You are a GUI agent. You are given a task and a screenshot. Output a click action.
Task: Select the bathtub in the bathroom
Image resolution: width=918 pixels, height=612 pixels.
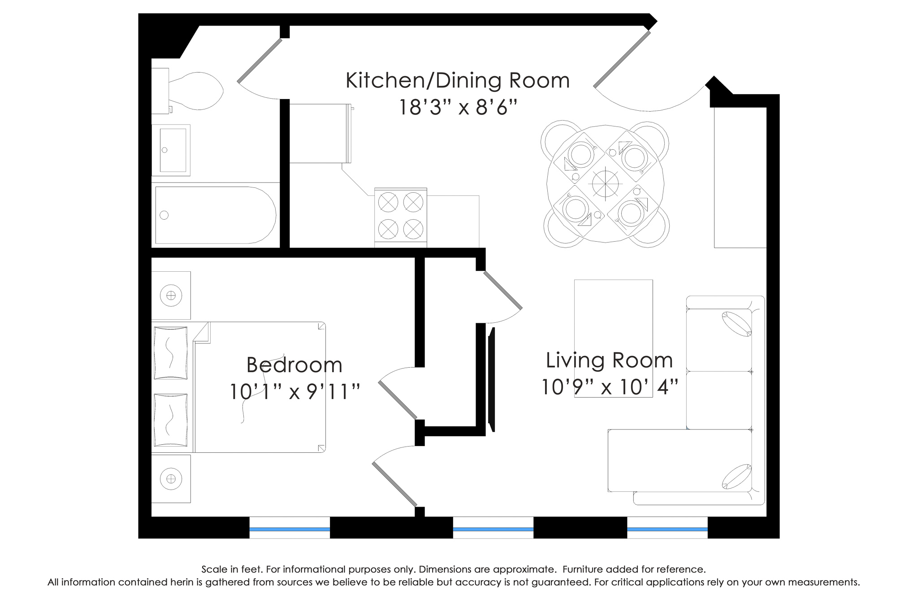coord(215,215)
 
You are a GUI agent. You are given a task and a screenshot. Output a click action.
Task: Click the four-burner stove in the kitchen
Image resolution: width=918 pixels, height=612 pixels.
coord(401,217)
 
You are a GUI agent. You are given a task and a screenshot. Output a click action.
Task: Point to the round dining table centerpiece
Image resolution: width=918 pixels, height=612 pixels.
coord(605,184)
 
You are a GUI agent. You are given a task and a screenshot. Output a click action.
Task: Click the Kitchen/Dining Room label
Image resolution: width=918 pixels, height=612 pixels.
coord(458,81)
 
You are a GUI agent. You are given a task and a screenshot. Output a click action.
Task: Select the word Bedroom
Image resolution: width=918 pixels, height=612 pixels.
coord(294,365)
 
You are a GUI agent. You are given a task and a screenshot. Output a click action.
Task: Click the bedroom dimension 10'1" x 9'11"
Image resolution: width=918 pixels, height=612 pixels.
coord(295,392)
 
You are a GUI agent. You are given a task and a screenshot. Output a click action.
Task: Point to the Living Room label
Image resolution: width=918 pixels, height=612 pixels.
coord(609,360)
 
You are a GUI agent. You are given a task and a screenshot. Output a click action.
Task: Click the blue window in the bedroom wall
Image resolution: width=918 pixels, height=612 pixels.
coord(290,529)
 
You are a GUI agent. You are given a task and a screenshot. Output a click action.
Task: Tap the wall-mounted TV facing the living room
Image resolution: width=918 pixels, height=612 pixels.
coord(492,380)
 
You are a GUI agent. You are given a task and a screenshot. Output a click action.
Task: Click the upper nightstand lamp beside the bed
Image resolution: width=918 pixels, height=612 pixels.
coord(171,295)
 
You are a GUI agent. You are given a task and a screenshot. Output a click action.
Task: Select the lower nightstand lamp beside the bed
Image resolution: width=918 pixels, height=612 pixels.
coord(171,479)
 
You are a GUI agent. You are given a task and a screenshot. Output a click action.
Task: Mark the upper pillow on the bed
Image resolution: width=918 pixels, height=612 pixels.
coord(170,353)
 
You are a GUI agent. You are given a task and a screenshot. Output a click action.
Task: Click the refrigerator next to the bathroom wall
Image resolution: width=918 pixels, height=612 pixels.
coord(320,134)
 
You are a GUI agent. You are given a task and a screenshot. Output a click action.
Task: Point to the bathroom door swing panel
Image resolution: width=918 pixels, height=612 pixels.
coord(260,61)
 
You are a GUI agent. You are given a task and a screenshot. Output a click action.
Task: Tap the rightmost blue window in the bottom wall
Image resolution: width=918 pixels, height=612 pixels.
coord(667,529)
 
